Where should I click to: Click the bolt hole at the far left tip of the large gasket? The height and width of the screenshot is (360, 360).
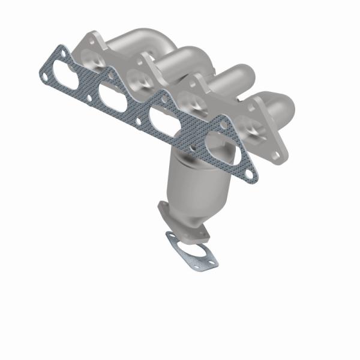(x=45, y=76)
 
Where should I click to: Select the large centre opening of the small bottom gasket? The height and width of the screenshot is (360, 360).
(x=192, y=251)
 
